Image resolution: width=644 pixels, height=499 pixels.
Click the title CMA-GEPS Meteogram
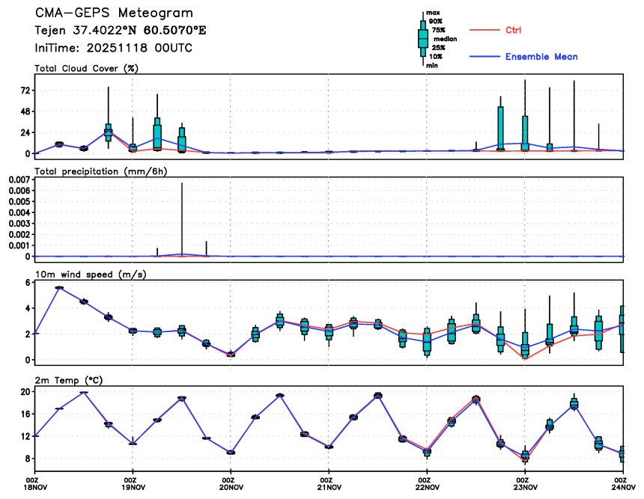[x=114, y=13]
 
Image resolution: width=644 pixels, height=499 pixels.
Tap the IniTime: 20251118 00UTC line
[x=113, y=47]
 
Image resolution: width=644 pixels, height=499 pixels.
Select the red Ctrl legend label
[x=513, y=30]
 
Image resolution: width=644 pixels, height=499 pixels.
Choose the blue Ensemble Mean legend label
[x=541, y=57]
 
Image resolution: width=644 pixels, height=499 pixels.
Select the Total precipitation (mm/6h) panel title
[x=100, y=171]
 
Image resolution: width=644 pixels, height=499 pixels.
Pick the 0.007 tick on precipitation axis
[x=17, y=180]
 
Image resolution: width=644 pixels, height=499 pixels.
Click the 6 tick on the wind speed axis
[x=26, y=282]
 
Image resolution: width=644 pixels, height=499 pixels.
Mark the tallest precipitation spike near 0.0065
[x=182, y=185]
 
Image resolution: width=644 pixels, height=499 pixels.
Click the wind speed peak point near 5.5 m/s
[x=59, y=287]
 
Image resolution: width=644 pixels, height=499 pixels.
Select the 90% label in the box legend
[x=435, y=22]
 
